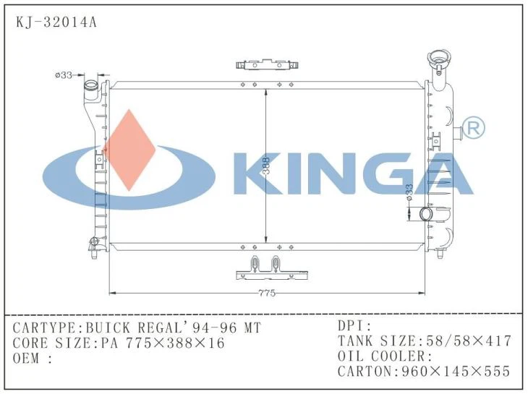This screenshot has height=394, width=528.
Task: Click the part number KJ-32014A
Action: pyautogui.click(x=56, y=22)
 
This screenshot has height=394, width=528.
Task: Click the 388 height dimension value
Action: pyautogui.click(x=267, y=166)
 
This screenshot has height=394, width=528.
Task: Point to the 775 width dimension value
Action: pyautogui.click(x=267, y=294)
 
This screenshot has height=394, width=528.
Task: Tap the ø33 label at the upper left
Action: pyautogui.click(x=64, y=75)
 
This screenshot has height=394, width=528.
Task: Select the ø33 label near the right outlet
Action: pyautogui.click(x=409, y=192)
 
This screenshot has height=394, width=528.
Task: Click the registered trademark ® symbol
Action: pyautogui.click(x=474, y=129)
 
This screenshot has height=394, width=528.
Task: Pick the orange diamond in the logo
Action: pyautogui.click(x=129, y=150)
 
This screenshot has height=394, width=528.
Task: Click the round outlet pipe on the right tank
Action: pyautogui.click(x=426, y=214)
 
